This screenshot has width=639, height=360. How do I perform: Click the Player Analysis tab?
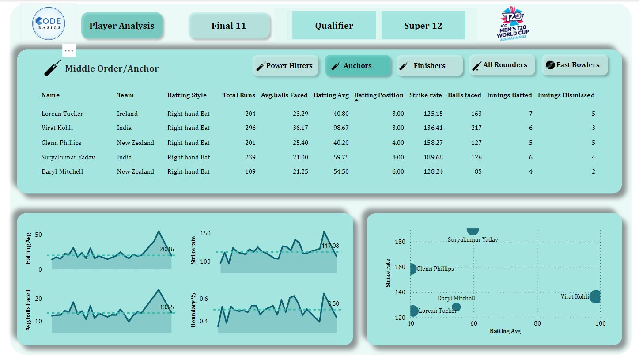[x=122, y=26]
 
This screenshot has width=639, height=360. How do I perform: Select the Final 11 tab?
[x=229, y=26]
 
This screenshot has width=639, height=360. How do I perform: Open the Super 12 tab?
[x=423, y=26]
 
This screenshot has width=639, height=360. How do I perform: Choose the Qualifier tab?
[x=334, y=26]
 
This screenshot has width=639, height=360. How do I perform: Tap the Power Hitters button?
[x=286, y=66]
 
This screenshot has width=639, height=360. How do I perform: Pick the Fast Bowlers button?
[x=575, y=65]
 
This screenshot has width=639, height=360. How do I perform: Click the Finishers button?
[x=429, y=66]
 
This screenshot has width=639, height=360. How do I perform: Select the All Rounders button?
[x=502, y=65]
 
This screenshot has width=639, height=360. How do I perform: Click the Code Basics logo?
[x=49, y=23]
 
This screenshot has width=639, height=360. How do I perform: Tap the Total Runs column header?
[x=238, y=95]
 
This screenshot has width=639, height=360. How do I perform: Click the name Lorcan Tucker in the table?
[x=62, y=114]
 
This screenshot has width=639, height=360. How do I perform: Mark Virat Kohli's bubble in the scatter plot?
[x=595, y=297]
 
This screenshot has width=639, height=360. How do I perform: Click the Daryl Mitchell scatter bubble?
[x=456, y=307]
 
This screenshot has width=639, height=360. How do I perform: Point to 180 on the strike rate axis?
[x=401, y=242]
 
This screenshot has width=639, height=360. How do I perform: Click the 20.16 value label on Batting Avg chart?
[x=166, y=250]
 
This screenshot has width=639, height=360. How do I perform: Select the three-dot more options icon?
[x=69, y=50]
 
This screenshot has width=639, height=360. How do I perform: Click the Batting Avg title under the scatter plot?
[x=505, y=331]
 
